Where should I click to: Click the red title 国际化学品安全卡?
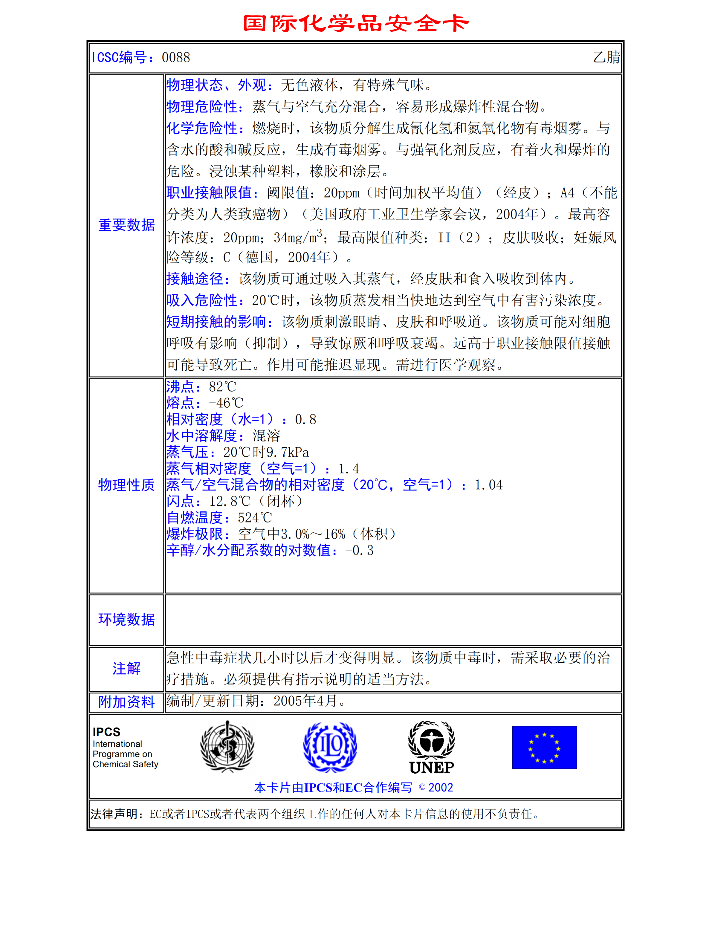pos(356,23)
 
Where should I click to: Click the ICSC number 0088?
pos(175,57)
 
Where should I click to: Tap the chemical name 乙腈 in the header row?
pos(606,57)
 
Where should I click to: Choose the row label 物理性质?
pos(126,485)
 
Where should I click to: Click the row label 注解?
pos(126,668)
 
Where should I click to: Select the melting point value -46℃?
pos(226,403)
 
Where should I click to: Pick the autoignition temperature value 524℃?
pos(254,518)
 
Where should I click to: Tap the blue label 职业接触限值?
pos(212,192)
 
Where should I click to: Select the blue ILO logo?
pos(330,747)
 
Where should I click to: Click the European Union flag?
pos(544,747)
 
